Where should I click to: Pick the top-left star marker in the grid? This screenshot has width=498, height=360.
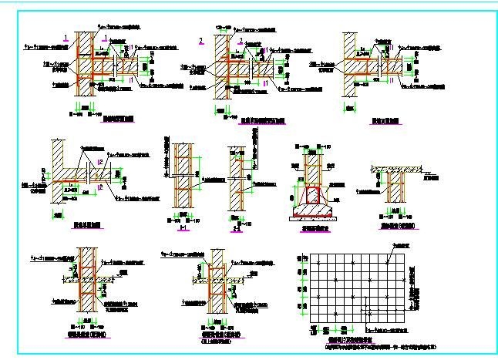[x=317, y=264]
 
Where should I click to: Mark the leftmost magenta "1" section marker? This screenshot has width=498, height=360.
[x=68, y=37]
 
